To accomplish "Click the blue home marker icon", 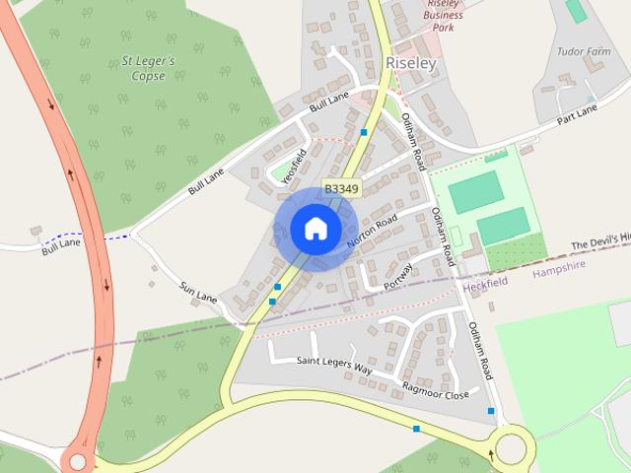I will [315, 230].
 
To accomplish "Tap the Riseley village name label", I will [411, 62].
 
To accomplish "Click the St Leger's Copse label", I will [148, 68].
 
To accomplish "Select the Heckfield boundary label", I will [486, 282].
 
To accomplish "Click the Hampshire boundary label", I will [559, 265].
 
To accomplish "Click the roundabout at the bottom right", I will [512, 448].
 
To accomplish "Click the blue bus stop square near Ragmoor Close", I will [491, 411].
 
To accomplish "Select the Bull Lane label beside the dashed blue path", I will [61, 245].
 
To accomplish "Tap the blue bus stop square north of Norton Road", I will [364, 132].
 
